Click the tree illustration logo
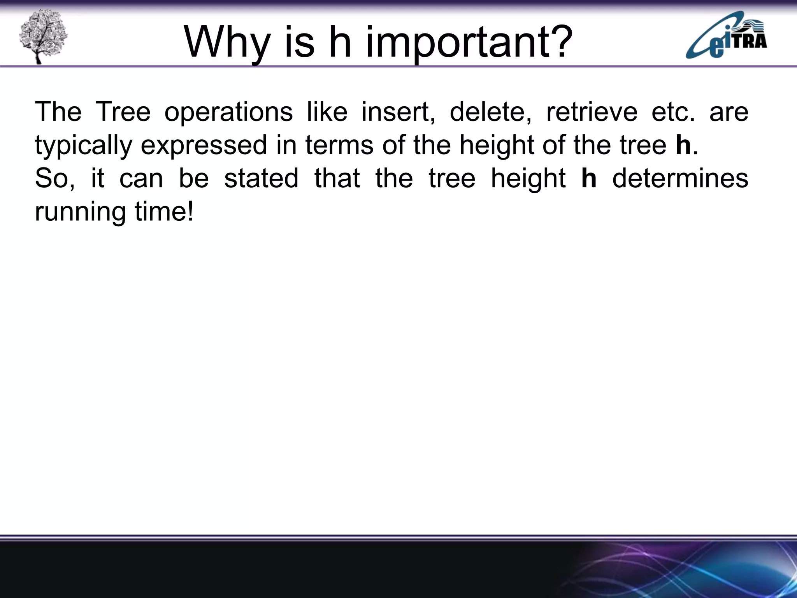point(43,37)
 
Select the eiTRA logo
point(726,36)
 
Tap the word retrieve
point(592,112)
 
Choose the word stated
point(261,179)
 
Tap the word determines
point(680,179)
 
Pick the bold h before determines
point(589,178)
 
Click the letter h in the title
point(340,42)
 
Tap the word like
point(327,112)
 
